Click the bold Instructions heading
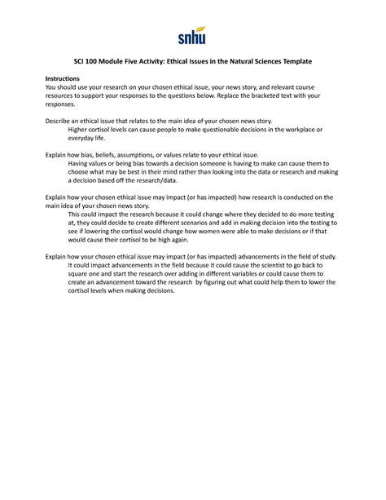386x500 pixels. [62, 77]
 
